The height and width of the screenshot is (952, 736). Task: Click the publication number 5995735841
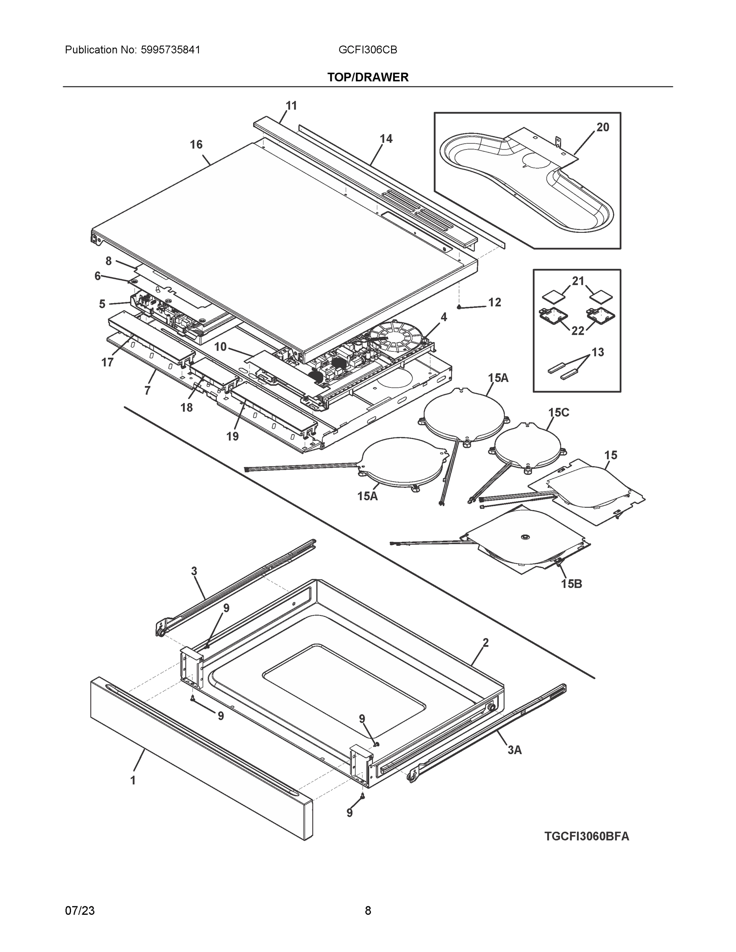click(x=171, y=50)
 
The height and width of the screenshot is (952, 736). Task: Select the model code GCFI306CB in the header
click(x=367, y=50)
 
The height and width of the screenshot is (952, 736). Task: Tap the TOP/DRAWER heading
click(x=367, y=77)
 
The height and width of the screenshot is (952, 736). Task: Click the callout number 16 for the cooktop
click(x=196, y=145)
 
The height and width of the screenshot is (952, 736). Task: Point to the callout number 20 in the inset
click(x=603, y=127)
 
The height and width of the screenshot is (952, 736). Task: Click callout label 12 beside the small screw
click(x=494, y=302)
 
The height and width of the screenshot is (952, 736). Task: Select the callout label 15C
click(x=559, y=413)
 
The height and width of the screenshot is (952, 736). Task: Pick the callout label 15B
click(x=571, y=583)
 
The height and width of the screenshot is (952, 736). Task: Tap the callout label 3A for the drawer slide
click(x=515, y=750)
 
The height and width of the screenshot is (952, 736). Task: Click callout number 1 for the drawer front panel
click(x=133, y=780)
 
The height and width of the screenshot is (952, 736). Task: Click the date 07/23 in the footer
click(x=80, y=911)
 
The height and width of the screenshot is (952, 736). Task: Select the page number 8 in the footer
click(x=367, y=911)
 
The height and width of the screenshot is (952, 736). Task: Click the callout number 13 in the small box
click(x=598, y=352)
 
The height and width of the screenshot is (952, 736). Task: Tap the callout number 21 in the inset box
click(x=578, y=281)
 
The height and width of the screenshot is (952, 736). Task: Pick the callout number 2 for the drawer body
click(x=485, y=643)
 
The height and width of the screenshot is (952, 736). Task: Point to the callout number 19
click(x=233, y=436)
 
